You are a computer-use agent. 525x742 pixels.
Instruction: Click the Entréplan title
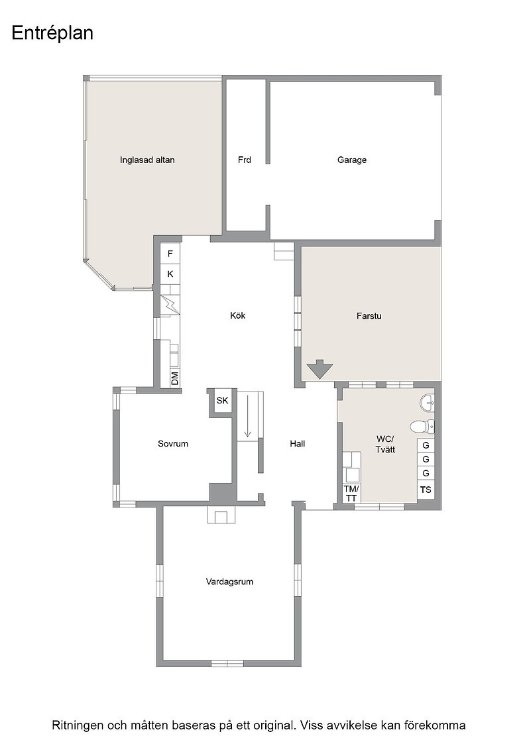tap(52, 34)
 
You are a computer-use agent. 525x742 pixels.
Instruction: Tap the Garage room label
tap(352, 160)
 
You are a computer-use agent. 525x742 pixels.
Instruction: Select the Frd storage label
tap(245, 160)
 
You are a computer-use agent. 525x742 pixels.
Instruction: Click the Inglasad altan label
tap(147, 160)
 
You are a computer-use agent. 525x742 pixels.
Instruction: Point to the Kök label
tap(238, 315)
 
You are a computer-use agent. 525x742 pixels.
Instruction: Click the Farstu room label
tap(369, 315)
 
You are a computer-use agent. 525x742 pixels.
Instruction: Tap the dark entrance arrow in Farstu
tap(320, 369)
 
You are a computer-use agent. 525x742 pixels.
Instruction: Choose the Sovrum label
tap(173, 443)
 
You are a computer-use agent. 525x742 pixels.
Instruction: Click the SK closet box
tap(222, 400)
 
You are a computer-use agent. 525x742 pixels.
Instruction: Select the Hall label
tap(297, 443)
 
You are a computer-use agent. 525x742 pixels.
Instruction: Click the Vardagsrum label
tap(229, 582)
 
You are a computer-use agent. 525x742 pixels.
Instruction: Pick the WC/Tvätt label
tap(385, 444)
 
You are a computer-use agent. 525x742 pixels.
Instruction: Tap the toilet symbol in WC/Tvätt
tap(422, 427)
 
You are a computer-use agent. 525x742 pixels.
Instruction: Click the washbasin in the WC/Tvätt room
tap(427, 403)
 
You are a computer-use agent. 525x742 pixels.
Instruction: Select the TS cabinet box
tap(426, 490)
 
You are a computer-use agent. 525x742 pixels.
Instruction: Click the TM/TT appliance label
tap(351, 493)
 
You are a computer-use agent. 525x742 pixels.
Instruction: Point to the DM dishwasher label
tap(175, 378)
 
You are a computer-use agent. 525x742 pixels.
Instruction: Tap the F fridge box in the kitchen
tap(170, 254)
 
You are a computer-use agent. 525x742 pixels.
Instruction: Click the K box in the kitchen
tap(170, 274)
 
